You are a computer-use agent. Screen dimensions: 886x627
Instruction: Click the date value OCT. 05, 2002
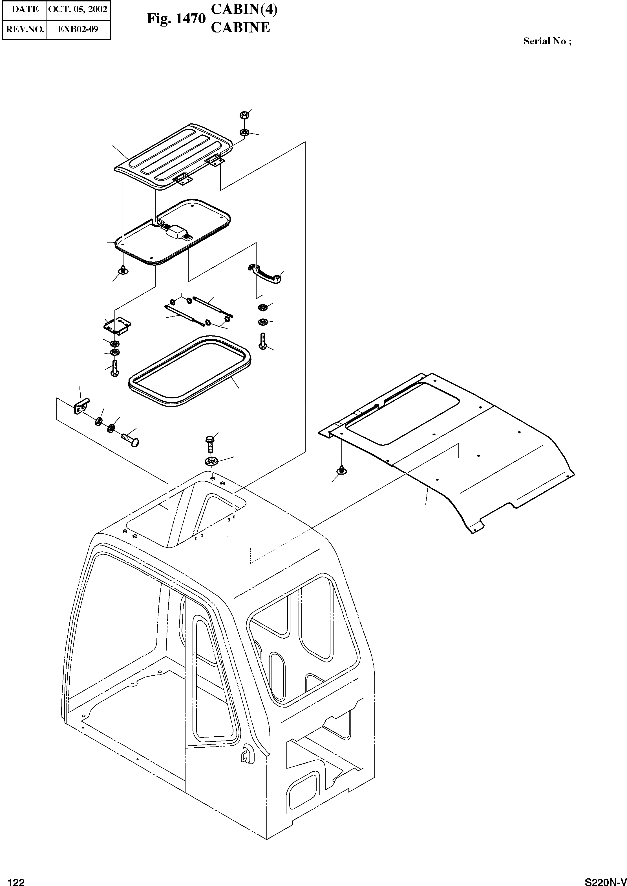pos(78,9)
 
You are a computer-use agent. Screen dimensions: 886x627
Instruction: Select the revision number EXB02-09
pos(78,29)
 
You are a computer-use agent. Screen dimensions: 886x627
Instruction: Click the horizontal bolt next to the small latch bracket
pos(130,439)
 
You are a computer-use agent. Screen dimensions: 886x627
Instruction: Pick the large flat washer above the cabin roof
pos(211,461)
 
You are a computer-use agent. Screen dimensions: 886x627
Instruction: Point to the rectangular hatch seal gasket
pos(189,371)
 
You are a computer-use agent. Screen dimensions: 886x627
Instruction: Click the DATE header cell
pos(25,9)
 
